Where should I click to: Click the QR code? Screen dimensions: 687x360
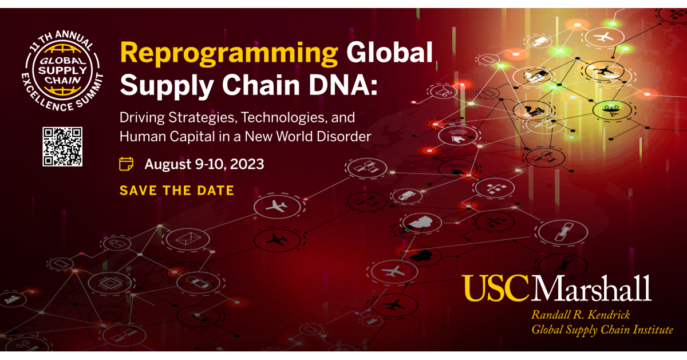click(x=62, y=147)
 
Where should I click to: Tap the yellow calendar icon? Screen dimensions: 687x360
click(x=126, y=164)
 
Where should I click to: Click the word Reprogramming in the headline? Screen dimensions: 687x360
click(x=229, y=53)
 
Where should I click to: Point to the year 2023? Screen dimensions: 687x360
click(x=247, y=164)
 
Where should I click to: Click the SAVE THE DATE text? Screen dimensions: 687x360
click(x=177, y=191)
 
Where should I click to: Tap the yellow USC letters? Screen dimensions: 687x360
click(x=496, y=288)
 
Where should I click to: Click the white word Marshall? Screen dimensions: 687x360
click(x=591, y=288)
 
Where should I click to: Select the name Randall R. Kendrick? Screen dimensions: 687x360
click(x=581, y=315)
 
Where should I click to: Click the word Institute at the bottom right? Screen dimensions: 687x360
click(x=653, y=330)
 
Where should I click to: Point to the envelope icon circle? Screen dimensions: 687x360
click(x=188, y=239)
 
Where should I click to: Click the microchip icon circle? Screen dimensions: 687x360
click(x=110, y=283)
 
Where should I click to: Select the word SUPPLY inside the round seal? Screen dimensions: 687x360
click(x=62, y=70)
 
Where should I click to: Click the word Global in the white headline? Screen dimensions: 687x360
click(x=389, y=53)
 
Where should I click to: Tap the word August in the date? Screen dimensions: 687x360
click(x=168, y=164)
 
